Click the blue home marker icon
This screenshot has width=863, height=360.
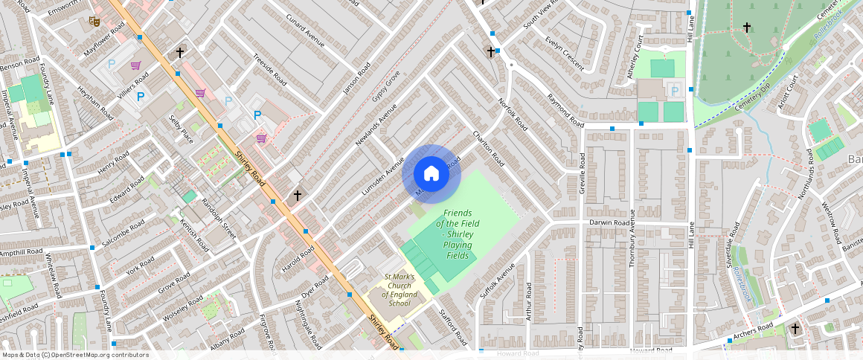(x=431, y=174)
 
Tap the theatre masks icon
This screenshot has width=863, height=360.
(x=94, y=22)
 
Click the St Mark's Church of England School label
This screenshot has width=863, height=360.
(x=399, y=290)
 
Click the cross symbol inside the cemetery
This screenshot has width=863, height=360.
(x=747, y=28)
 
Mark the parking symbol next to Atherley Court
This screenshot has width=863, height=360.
(x=675, y=91)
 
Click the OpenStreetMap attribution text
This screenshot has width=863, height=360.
(x=75, y=355)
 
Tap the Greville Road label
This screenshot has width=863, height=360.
(x=583, y=176)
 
